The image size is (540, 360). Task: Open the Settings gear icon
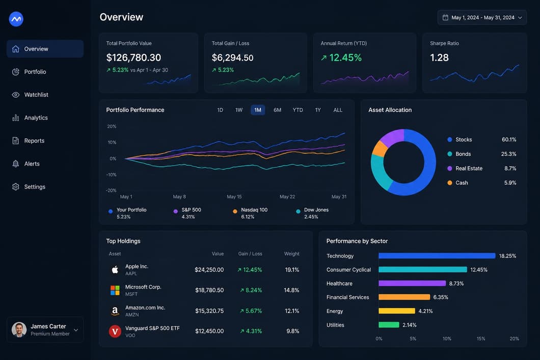[x=15, y=187]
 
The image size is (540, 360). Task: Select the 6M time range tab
[x=277, y=110]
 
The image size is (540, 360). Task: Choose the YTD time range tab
[x=298, y=110]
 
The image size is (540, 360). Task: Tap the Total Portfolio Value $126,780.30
[x=133, y=58]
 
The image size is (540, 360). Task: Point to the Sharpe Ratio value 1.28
[x=439, y=58]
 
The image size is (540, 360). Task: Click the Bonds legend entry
[x=459, y=154]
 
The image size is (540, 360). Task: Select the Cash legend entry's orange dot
[x=449, y=183]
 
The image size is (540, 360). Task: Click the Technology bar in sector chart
[x=437, y=256]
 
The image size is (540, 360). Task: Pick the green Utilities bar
[x=389, y=325]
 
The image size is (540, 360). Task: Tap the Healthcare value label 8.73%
[x=456, y=284]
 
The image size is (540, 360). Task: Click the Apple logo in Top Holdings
[x=115, y=269]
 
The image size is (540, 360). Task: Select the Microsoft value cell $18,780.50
[x=209, y=290]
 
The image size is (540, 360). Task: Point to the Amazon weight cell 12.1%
[x=292, y=311]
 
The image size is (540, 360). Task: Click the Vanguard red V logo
[x=115, y=331]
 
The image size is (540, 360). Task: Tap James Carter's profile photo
[x=19, y=330]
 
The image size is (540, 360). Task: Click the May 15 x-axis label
[x=234, y=197]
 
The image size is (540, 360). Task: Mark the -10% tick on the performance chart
[x=111, y=175]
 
